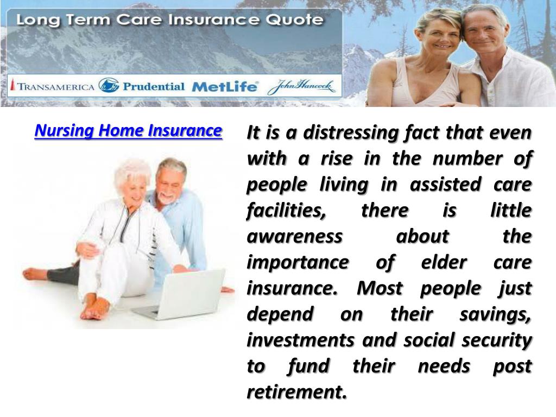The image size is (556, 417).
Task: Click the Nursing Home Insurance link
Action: (x=128, y=131)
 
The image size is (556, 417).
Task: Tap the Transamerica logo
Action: (x=53, y=86)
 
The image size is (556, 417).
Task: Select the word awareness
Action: (x=295, y=237)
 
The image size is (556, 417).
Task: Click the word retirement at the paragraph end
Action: (x=296, y=392)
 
